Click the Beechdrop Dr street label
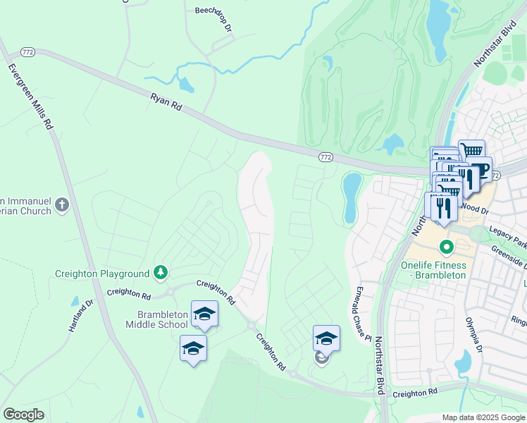(x=213, y=18)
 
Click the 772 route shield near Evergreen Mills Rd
(x=27, y=51)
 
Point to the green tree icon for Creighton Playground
(x=161, y=273)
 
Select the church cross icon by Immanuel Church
(x=62, y=205)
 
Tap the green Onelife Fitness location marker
(x=446, y=247)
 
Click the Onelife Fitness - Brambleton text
(x=433, y=270)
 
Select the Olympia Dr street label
(x=473, y=335)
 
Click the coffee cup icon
(x=480, y=171)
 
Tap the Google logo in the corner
(x=24, y=415)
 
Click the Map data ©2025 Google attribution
(x=483, y=417)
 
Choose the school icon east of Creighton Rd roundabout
(x=326, y=338)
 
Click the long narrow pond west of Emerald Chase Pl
(x=350, y=197)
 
